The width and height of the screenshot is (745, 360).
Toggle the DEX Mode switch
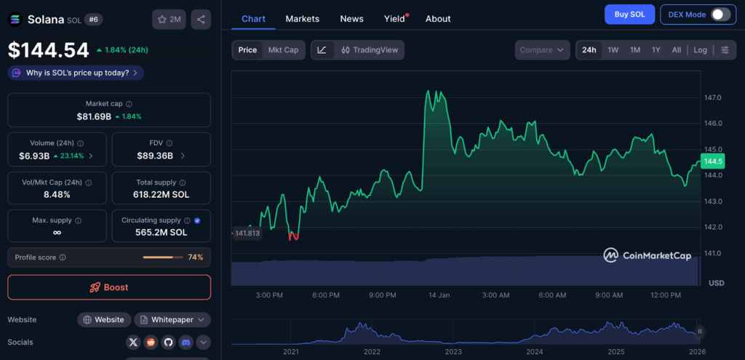click(x=720, y=15)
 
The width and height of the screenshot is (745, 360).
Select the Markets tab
click(x=302, y=19)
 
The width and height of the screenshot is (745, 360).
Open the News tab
click(x=351, y=19)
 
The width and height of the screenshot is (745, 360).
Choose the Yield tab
click(x=394, y=19)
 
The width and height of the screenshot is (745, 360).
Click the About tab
click(x=438, y=19)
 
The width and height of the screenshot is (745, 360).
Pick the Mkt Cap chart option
click(x=283, y=50)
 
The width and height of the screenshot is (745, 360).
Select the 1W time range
click(x=613, y=50)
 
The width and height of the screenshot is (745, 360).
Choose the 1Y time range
click(x=656, y=50)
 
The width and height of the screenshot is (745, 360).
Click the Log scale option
click(x=700, y=50)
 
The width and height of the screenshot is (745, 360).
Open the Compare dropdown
click(x=542, y=50)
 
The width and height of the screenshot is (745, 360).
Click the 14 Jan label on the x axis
click(x=439, y=295)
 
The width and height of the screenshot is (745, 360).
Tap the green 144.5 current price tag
click(x=712, y=161)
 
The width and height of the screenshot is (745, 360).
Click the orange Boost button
click(x=109, y=287)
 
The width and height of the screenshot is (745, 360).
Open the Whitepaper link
click(x=172, y=319)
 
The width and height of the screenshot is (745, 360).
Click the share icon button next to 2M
click(x=201, y=20)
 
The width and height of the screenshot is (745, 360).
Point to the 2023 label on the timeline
click(x=453, y=352)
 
